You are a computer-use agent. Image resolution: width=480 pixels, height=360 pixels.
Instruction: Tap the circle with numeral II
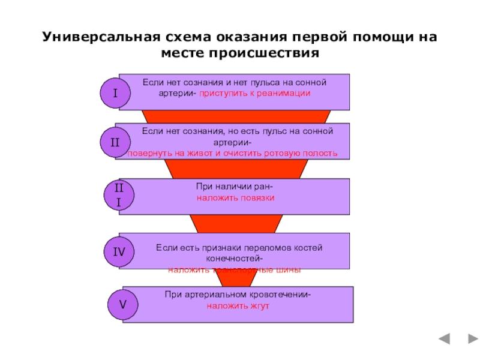tap(115, 142)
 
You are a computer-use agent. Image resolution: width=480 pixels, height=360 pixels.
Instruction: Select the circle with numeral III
tap(118, 196)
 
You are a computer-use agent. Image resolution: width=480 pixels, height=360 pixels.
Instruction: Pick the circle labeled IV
tap(119, 252)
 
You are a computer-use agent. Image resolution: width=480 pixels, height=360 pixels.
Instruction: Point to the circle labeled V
tap(122, 305)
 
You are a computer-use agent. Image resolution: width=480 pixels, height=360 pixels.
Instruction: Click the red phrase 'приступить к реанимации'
tap(255, 94)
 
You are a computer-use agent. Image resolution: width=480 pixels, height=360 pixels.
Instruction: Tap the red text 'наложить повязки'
tap(235, 197)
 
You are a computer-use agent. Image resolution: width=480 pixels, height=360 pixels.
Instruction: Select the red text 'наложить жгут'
tap(238, 305)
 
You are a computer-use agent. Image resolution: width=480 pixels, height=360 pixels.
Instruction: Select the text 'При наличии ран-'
tap(235, 186)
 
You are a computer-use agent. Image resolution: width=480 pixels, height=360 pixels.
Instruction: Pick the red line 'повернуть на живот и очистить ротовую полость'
tap(232, 154)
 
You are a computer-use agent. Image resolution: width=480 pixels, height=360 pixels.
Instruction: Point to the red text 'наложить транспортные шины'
tap(235, 270)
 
